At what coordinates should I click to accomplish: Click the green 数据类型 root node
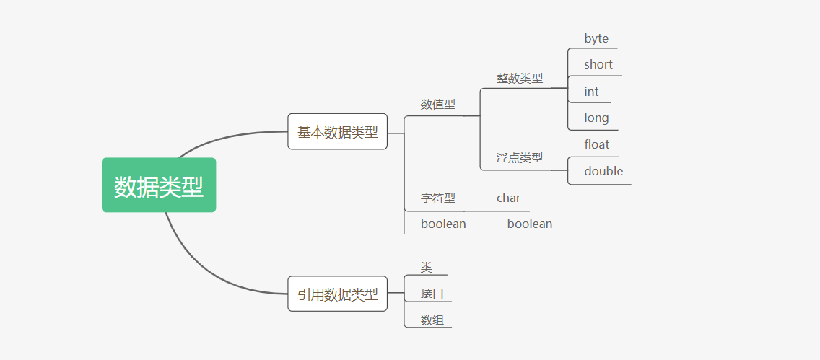tap(159, 185)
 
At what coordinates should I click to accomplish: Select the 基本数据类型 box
tap(337, 132)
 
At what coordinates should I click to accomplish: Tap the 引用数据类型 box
tap(337, 294)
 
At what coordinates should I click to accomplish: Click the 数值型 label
tap(437, 105)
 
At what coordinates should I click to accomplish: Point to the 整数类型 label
tap(519, 78)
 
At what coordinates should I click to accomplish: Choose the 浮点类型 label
tap(519, 158)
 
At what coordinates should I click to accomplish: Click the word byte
tap(596, 39)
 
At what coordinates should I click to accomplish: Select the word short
tap(598, 65)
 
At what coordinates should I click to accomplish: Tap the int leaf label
tap(591, 92)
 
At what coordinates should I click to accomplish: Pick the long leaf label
tap(596, 118)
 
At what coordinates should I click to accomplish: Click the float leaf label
tap(597, 144)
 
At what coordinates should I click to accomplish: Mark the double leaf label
tap(603, 171)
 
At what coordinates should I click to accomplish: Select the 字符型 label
tap(437, 198)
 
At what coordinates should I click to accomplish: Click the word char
tap(508, 198)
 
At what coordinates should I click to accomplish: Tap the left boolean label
tap(443, 224)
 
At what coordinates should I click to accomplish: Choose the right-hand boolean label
tap(529, 224)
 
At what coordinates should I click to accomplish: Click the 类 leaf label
tap(427, 268)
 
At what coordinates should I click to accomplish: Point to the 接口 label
tap(432, 294)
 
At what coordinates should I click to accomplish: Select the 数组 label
tap(432, 320)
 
